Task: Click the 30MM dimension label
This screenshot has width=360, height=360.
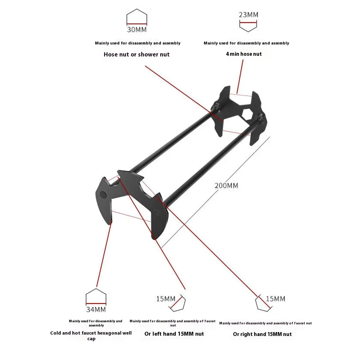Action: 137,30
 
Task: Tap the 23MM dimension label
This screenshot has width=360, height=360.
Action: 248,15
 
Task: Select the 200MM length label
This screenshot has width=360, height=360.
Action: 226,186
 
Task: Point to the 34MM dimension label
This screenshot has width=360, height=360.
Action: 96,310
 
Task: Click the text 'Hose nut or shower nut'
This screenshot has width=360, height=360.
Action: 137,54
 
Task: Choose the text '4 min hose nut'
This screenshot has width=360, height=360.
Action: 244,54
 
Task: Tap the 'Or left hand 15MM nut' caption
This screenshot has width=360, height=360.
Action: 174,334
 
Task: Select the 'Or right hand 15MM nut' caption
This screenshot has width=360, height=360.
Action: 262,334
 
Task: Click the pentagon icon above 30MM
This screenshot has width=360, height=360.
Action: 137,17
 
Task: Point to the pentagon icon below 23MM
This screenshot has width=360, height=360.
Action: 248,26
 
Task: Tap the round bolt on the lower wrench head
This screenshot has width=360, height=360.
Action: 103,194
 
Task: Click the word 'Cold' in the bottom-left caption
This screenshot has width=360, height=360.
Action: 56,333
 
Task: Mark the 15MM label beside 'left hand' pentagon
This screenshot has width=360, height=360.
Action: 166,299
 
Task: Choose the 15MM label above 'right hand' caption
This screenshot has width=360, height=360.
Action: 275,299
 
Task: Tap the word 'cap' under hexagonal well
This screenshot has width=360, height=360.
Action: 91,339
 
